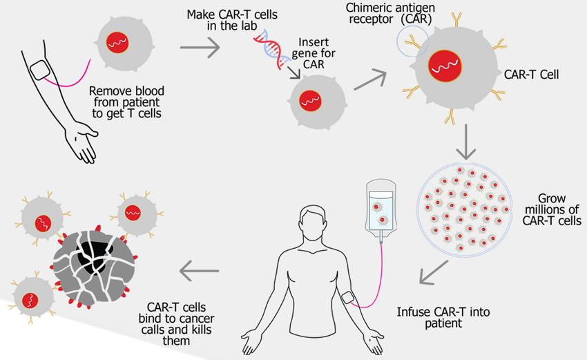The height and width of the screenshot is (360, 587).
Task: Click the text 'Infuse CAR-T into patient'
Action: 451,316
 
